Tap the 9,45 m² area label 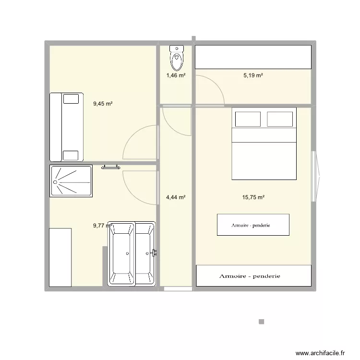103,103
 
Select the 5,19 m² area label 253,75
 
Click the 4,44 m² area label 176,197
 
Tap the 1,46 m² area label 176,75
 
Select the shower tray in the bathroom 71,181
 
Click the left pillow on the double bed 247,119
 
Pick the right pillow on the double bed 280,119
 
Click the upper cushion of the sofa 71,99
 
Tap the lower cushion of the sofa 71,155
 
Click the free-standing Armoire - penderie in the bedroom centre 253,225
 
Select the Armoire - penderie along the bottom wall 253,276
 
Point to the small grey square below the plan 261,322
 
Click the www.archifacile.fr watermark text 321,353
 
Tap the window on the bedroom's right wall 315,176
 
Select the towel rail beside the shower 110,168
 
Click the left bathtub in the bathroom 122,254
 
